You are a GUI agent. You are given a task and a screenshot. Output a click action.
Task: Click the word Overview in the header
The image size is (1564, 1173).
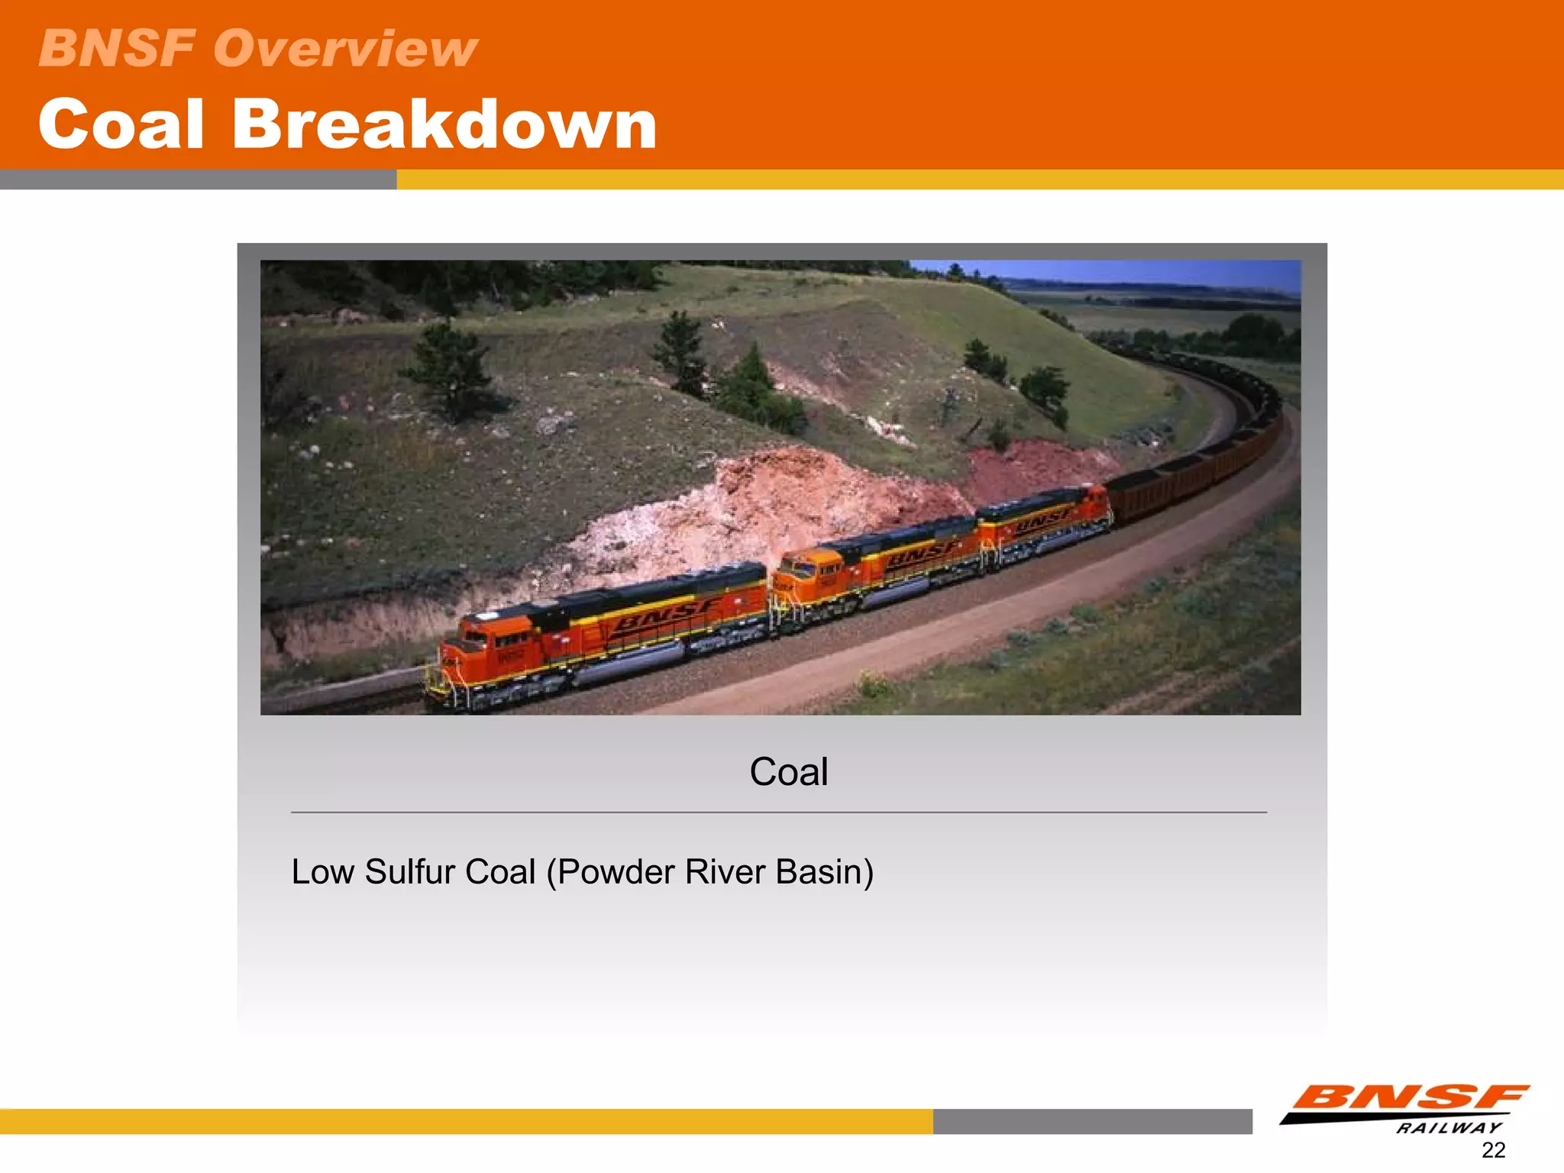tap(345, 48)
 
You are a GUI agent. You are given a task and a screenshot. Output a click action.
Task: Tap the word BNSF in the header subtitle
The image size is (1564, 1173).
tap(116, 48)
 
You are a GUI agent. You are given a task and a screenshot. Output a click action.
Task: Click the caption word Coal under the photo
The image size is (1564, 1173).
tap(788, 771)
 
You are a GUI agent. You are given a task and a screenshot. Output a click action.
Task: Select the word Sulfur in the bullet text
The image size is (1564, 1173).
tap(412, 872)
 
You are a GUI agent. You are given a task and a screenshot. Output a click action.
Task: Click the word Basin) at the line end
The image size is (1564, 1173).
tap(824, 872)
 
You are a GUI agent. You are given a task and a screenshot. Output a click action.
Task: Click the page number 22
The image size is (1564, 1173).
tap(1493, 1150)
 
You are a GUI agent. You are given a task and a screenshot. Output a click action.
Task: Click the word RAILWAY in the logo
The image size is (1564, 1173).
tap(1448, 1128)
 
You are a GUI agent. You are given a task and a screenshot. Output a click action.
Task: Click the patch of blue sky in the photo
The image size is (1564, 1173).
tap(1146, 271)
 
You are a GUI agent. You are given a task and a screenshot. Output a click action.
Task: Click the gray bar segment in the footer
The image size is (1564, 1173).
tap(1092, 1121)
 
